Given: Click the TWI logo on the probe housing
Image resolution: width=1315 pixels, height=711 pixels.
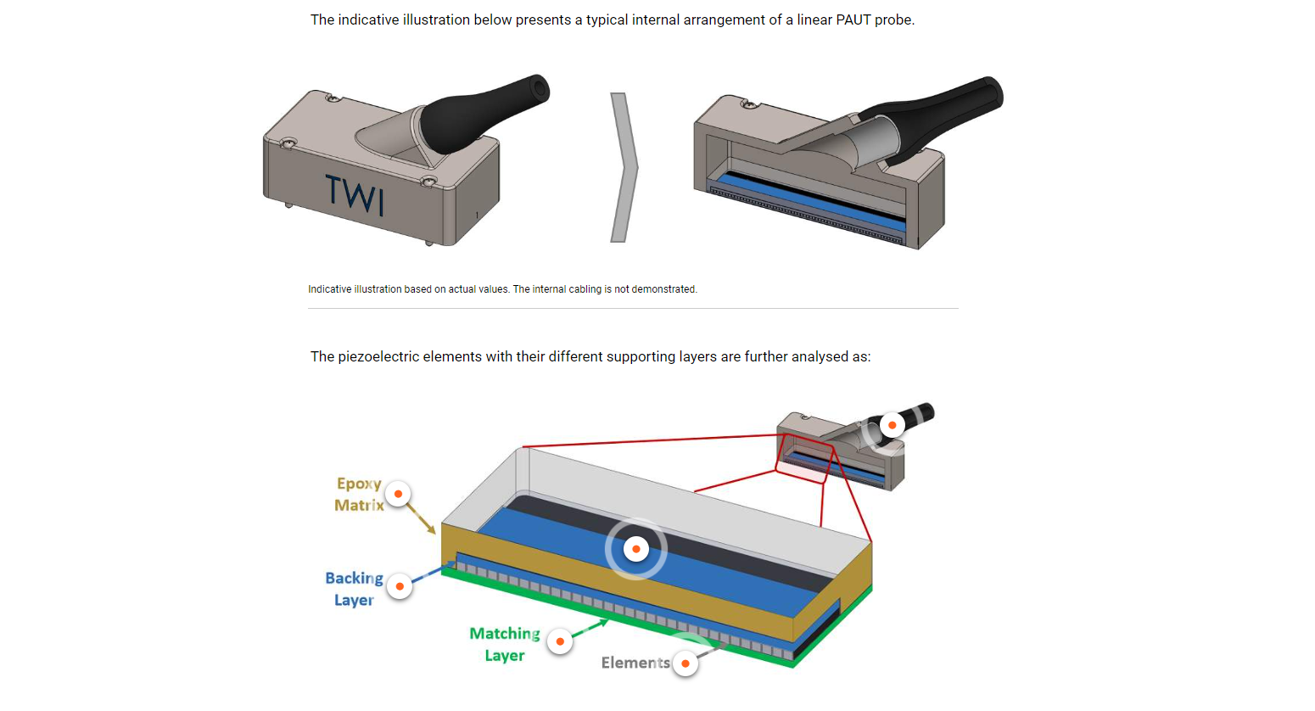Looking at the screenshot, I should (x=355, y=194).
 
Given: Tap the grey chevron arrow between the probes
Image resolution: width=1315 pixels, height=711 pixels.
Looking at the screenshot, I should (x=624, y=167).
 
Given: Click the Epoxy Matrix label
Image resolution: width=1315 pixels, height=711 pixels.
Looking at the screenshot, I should (x=359, y=494).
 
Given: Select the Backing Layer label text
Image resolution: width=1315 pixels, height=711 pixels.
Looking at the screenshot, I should (x=354, y=589).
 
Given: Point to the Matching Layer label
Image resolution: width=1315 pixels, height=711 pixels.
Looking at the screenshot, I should (x=505, y=644).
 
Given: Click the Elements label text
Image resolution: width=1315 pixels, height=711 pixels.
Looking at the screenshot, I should (x=635, y=663).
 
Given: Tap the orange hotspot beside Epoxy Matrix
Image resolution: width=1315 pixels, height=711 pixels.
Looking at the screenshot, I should (x=398, y=494).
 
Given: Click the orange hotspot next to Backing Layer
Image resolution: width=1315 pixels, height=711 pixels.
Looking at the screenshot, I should (x=400, y=586).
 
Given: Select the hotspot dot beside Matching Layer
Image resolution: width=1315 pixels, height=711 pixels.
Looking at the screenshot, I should (x=560, y=641).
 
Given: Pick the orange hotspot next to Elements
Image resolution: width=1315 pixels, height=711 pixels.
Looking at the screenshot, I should (x=685, y=663).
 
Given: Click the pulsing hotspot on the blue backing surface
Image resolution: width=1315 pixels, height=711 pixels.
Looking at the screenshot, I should (x=636, y=549).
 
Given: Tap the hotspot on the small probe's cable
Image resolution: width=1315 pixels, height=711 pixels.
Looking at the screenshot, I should (x=892, y=425).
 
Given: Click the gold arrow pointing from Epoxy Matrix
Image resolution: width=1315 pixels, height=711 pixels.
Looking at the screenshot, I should (x=422, y=518).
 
